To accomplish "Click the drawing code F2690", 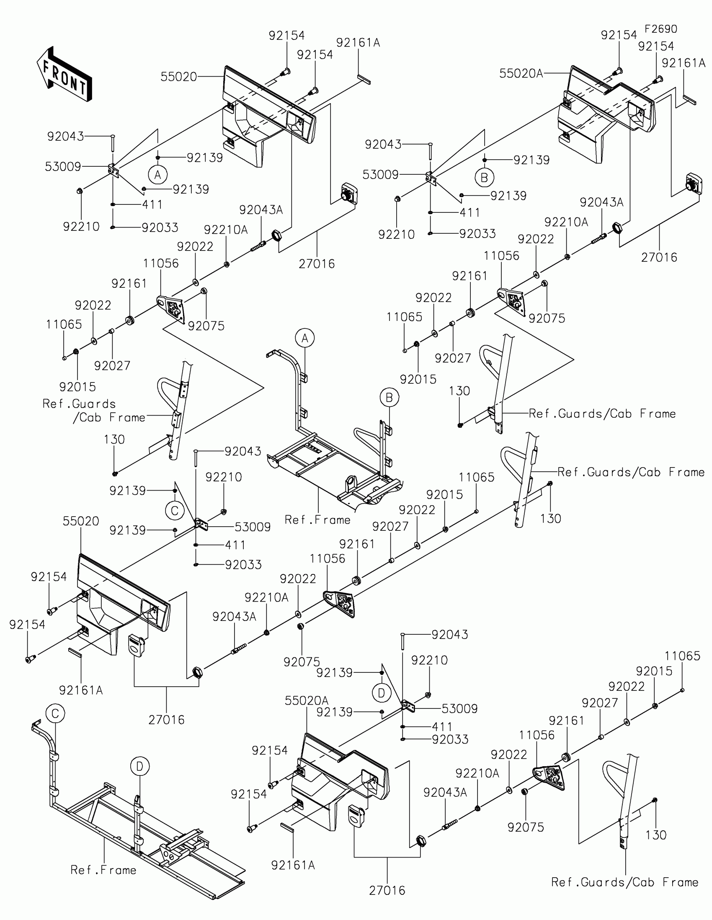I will [660, 29].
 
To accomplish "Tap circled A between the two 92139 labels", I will [158, 174].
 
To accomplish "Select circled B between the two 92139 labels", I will [484, 177].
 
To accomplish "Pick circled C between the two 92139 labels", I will [175, 511].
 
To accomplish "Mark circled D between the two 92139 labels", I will [382, 693].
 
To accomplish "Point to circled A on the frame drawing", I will [305, 338].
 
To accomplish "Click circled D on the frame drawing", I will [140, 766].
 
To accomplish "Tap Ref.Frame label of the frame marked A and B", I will [317, 520].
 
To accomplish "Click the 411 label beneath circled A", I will [152, 205].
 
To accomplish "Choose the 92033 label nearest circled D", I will [450, 739].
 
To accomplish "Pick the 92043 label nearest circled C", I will [242, 451].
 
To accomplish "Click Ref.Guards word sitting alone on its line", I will [79, 403].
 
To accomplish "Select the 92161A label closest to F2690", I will [684, 63].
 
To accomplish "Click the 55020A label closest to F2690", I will [521, 73].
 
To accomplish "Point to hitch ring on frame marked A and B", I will [351, 483].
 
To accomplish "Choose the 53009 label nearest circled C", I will [252, 527].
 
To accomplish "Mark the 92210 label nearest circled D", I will [429, 660].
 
